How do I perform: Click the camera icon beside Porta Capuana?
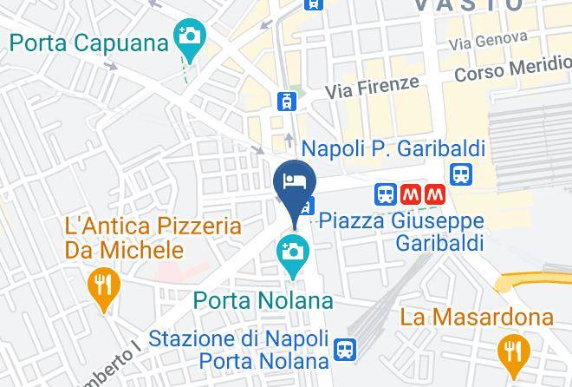point(186,36)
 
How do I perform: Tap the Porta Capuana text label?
point(89,42)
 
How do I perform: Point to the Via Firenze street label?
point(372,87)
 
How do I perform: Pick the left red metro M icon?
point(411,194)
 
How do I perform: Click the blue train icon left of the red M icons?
point(386,194)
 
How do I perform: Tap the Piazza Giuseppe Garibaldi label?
point(401,232)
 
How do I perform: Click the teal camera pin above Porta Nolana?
point(294,253)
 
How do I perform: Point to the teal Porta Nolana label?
point(263,301)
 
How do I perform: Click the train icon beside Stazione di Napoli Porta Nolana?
point(344,348)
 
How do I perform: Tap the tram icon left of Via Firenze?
point(286,101)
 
